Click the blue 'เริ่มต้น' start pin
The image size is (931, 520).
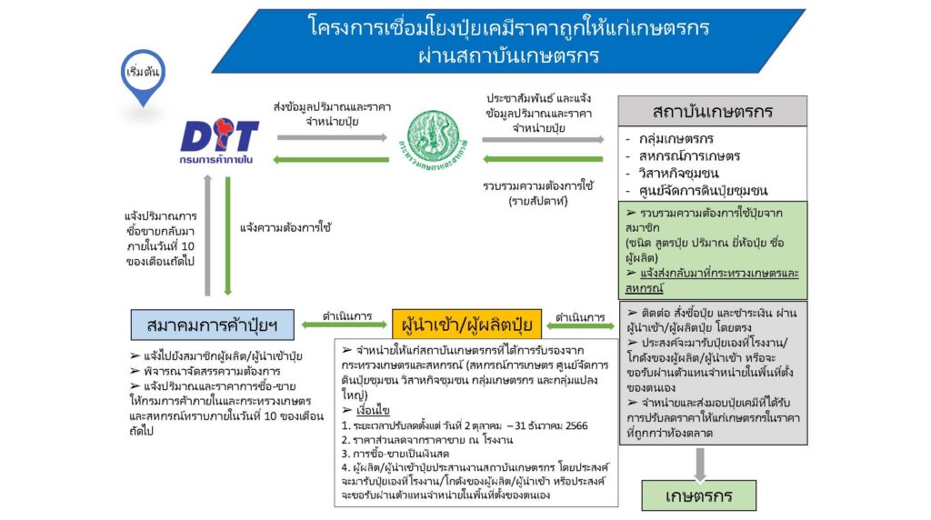[x=143, y=75]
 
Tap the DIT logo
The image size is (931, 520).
[x=219, y=141]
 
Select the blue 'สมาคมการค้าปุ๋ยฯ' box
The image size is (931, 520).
[x=212, y=325]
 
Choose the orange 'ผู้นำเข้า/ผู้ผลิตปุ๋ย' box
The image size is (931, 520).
[x=466, y=325]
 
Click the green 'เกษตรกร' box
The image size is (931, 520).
[x=699, y=495]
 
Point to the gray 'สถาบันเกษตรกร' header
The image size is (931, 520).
[x=713, y=111]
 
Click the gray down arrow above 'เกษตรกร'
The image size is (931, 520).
[x=700, y=465]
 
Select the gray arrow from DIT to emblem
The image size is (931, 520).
[x=333, y=137]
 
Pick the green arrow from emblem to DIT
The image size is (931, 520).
[x=331, y=160]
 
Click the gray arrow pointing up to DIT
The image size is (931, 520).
[x=207, y=235]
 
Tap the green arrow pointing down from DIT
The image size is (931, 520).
[x=227, y=236]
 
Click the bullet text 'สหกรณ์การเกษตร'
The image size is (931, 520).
[x=689, y=156]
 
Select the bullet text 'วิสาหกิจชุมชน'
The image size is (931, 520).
[x=678, y=174]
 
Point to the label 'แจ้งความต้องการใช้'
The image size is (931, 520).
[x=285, y=227]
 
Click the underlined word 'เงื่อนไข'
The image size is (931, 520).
[x=373, y=410]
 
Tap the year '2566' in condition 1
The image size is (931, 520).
[x=576, y=425]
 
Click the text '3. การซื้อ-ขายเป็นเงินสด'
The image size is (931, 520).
[x=395, y=454]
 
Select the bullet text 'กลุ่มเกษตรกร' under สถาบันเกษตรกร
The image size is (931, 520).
[x=676, y=139]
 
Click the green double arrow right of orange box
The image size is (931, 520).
[x=580, y=325]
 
